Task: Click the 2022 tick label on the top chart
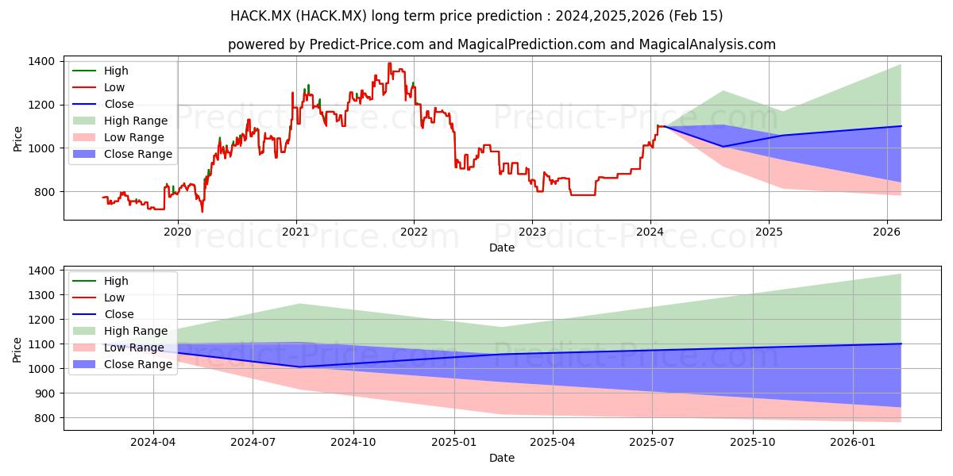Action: (x=414, y=232)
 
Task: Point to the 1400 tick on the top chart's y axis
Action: (x=41, y=62)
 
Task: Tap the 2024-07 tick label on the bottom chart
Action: (x=253, y=443)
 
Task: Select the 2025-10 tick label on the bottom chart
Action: (x=753, y=443)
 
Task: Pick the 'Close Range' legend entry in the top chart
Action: (x=122, y=154)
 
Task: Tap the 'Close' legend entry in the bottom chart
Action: (x=103, y=314)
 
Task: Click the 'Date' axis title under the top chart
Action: (x=502, y=248)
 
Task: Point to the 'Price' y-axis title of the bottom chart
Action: (x=17, y=350)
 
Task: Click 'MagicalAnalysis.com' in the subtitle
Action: (x=708, y=44)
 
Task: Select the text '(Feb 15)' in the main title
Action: (x=696, y=16)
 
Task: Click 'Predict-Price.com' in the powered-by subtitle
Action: (x=367, y=44)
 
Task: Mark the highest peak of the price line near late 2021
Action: (x=389, y=63)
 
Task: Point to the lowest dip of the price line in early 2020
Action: (x=202, y=211)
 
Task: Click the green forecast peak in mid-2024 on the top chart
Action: (x=723, y=91)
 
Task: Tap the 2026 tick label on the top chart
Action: (x=887, y=232)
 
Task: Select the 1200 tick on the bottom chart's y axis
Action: (x=41, y=320)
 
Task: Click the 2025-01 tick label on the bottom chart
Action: (x=454, y=443)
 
